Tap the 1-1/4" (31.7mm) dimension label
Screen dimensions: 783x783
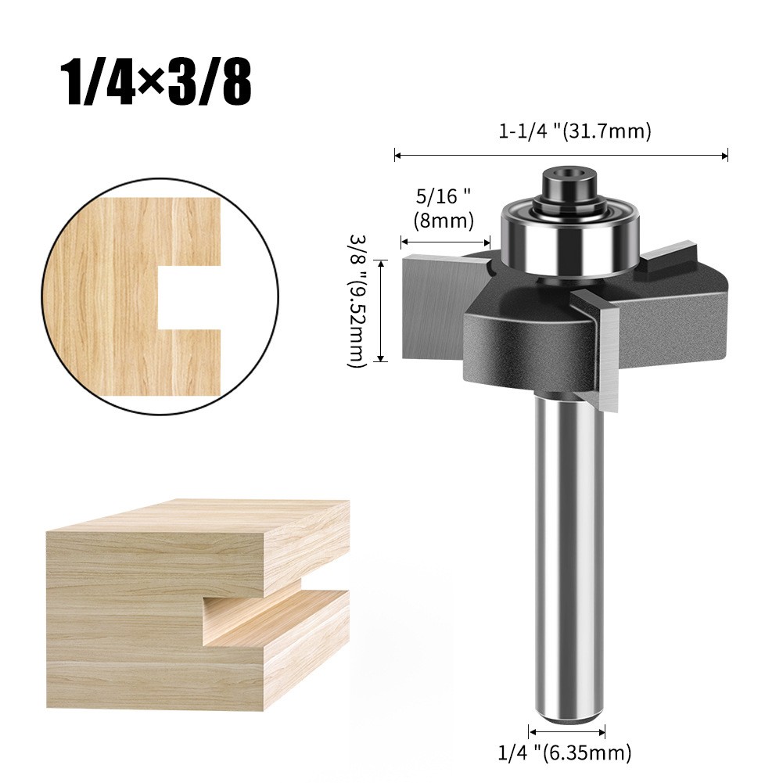coord(575,131)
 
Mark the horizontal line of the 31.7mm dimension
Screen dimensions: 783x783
coord(562,156)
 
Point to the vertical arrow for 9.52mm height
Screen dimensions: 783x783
coord(382,311)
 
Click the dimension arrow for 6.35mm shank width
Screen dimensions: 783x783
coord(567,732)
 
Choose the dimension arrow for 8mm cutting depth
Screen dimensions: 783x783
coord(445,242)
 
